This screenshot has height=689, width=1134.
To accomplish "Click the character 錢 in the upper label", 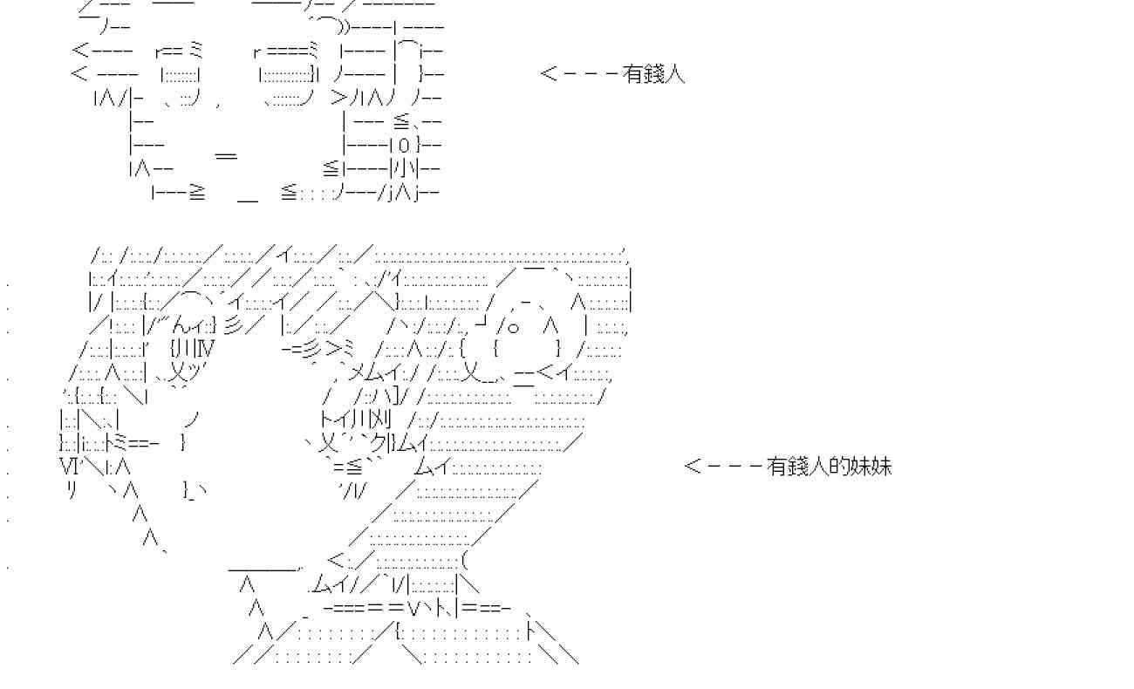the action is coord(653,74).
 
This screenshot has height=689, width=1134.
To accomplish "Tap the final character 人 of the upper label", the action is coord(674,74).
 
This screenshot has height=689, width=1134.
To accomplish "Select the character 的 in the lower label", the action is coord(839,467).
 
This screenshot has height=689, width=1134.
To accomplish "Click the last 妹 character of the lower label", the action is coord(881,467).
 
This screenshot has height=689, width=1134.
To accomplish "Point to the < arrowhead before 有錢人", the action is coord(549,74).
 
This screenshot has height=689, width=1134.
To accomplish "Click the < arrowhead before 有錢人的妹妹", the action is coord(693,467).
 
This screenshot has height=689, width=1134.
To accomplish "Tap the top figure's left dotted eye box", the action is coord(180,75).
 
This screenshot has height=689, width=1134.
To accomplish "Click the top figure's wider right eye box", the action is coord(287,75).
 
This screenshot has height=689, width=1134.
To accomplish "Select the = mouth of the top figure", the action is coord(226,155).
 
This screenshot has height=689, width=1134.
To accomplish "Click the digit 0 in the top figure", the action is coord(404,147).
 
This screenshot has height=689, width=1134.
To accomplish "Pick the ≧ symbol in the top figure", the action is coord(197,193).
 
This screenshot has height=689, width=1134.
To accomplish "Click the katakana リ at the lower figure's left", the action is coord(72,489).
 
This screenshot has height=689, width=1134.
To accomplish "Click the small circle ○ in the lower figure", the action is coord(513,328).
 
